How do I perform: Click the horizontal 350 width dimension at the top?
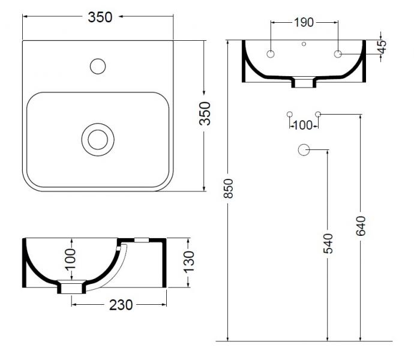click(x=100, y=17)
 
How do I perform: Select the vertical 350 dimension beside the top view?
click(x=205, y=113)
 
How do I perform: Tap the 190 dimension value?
click(x=304, y=23)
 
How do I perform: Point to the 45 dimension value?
click(x=382, y=46)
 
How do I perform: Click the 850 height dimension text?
click(x=228, y=190)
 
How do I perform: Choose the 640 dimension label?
click(x=360, y=226)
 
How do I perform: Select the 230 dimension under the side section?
click(x=121, y=305)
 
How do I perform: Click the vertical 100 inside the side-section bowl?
click(x=71, y=259)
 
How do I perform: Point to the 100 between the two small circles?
click(x=304, y=125)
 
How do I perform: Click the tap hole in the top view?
click(x=97, y=65)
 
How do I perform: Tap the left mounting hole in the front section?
click(x=271, y=54)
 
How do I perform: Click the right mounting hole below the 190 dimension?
click(x=338, y=54)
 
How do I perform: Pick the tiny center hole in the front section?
click(x=304, y=44)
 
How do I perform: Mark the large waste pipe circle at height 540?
click(x=304, y=151)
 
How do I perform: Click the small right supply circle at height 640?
click(x=319, y=113)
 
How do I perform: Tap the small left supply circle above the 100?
click(x=290, y=113)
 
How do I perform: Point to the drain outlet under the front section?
click(x=304, y=83)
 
